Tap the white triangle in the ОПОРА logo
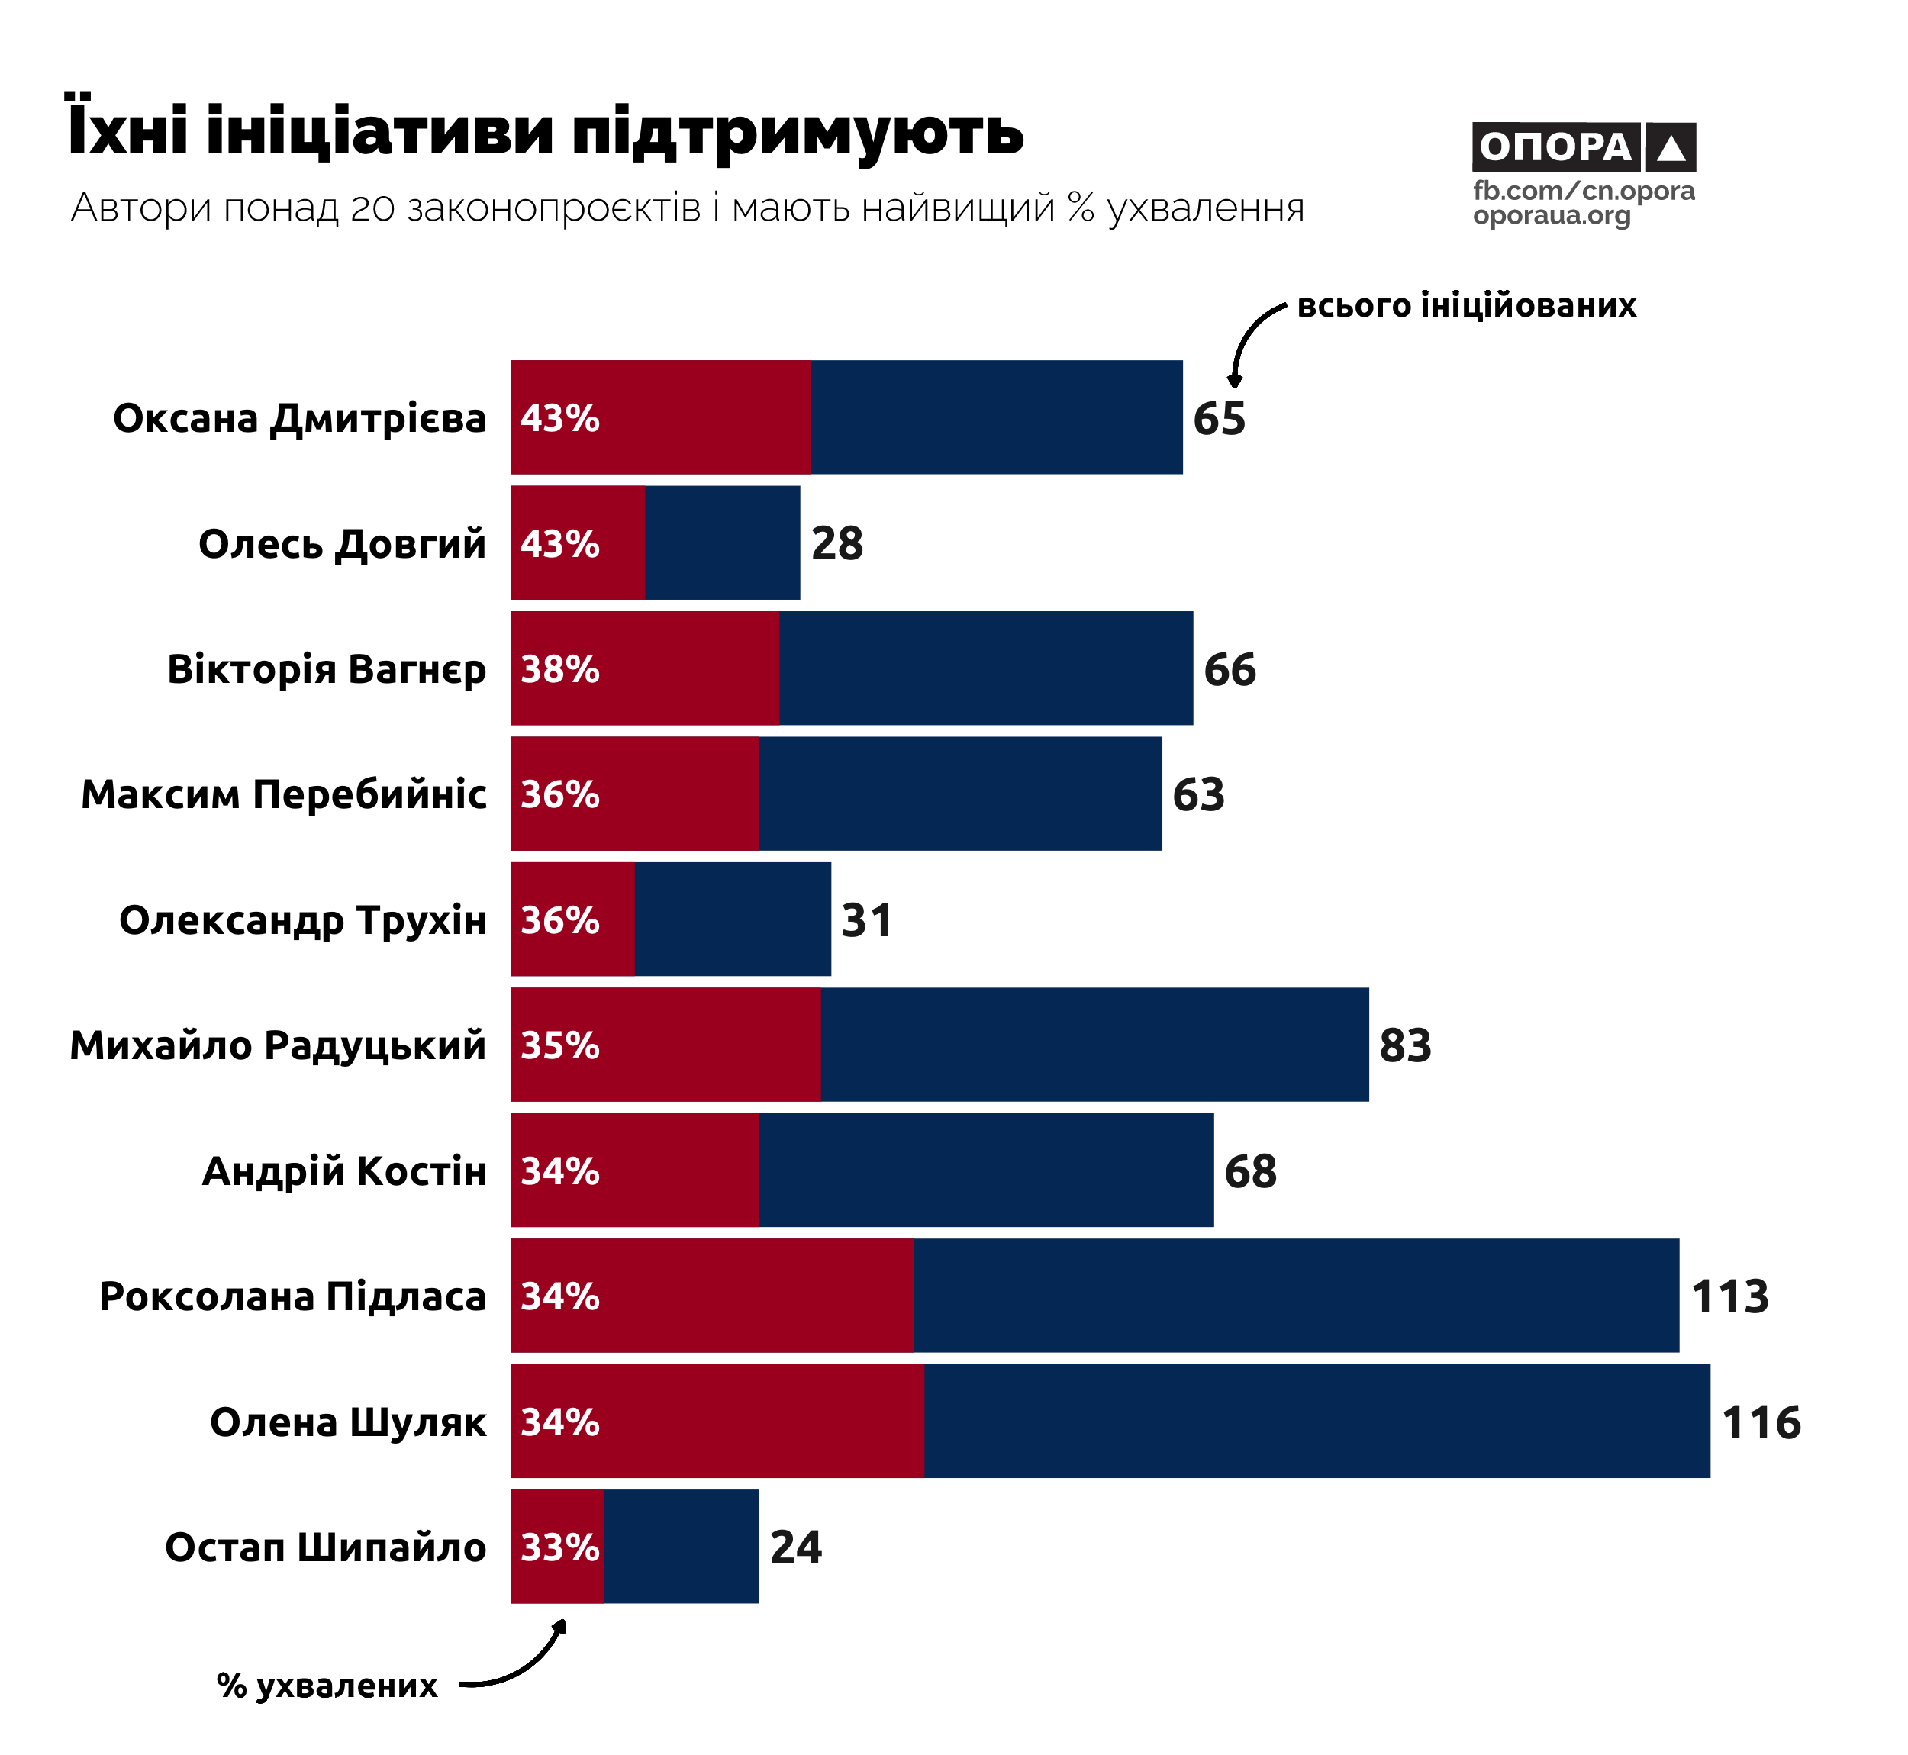(1671, 148)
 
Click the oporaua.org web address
(1552, 216)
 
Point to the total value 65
(1219, 418)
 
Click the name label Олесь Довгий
(342, 544)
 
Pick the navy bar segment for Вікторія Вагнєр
(986, 668)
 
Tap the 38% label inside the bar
(559, 669)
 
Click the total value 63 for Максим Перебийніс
(1197, 795)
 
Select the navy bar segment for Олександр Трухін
(732, 919)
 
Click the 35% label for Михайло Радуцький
(559, 1045)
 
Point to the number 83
(1404, 1045)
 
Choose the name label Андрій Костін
(343, 1171)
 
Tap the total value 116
(1761, 1422)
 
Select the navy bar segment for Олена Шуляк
(1317, 1422)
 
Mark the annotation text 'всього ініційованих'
(1466, 306)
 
